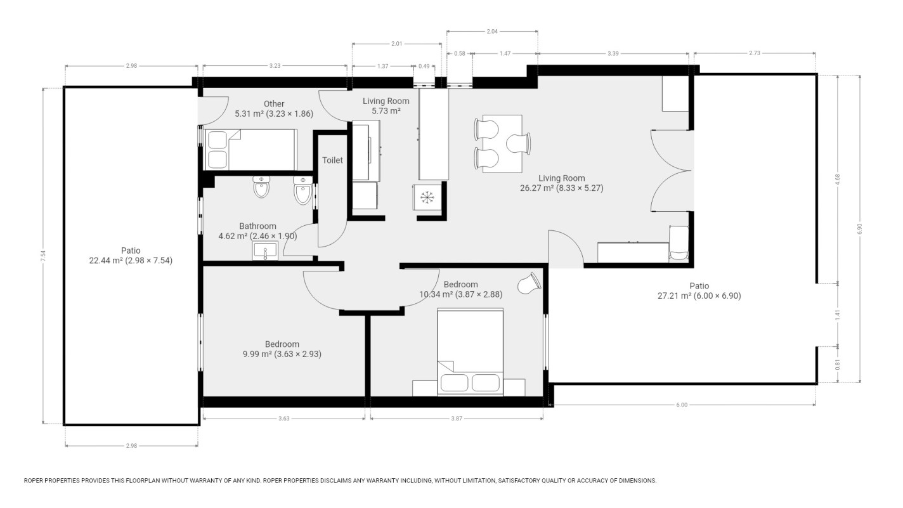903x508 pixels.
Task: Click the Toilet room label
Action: click(332, 160)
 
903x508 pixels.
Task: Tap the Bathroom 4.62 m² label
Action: click(257, 231)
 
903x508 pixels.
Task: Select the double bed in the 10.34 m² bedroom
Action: click(470, 352)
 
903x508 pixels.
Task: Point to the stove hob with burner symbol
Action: click(427, 198)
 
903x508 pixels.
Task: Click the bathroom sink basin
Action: click(263, 252)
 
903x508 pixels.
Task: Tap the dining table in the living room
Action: click(502, 144)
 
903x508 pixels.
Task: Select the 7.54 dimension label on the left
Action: click(43, 257)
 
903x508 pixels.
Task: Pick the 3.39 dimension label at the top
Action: click(613, 54)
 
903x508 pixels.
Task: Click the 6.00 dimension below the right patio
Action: click(681, 405)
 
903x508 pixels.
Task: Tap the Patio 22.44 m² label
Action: click(131, 255)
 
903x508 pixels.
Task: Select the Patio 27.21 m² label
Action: click(699, 290)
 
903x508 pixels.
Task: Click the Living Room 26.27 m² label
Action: click(562, 183)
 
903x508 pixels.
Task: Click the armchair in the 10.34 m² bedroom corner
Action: click(529, 283)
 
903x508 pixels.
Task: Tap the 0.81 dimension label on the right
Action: click(838, 365)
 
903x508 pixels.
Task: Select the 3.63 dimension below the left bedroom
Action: click(283, 418)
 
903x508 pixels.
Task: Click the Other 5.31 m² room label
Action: click(274, 108)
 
